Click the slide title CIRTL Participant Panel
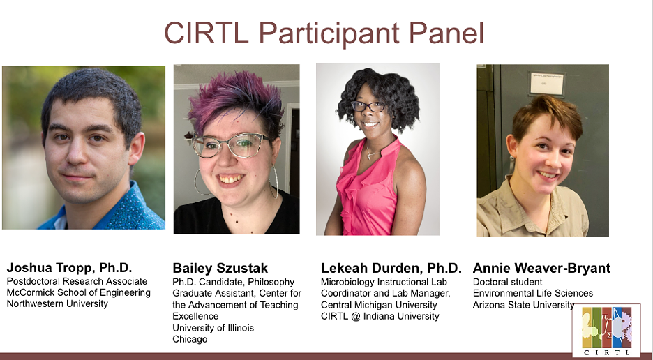[x=324, y=33]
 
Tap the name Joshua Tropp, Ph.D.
[x=69, y=267]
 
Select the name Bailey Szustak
[x=220, y=268]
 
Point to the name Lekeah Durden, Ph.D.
[x=391, y=268]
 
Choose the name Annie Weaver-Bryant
[x=541, y=268]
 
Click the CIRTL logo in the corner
[x=606, y=330]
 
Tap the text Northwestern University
[x=57, y=303]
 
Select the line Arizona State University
[x=523, y=305]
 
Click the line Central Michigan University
[x=379, y=305]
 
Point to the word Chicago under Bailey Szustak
[x=190, y=339]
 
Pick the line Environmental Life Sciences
[x=532, y=293]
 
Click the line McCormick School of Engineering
[x=78, y=292]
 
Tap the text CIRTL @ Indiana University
[x=380, y=316]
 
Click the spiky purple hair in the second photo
[x=235, y=100]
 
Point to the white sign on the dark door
[x=547, y=83]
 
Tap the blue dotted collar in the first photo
[x=125, y=209]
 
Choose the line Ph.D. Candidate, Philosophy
[x=233, y=282]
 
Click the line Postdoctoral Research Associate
[x=77, y=281]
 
